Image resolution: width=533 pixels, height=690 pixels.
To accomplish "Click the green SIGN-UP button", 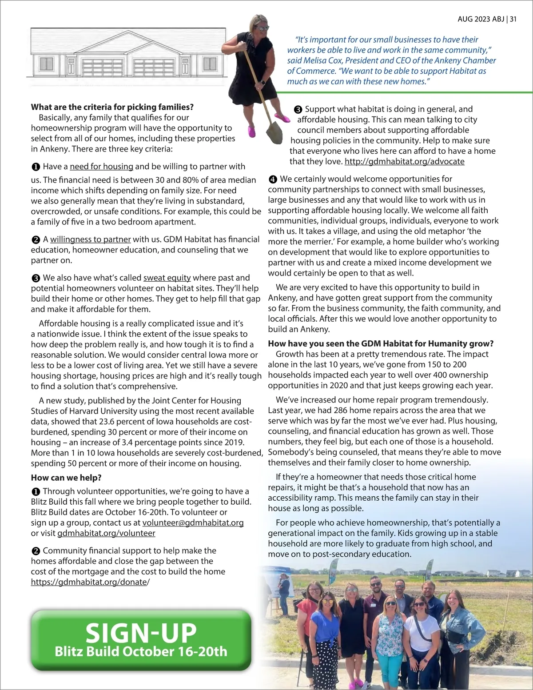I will click(x=141, y=640).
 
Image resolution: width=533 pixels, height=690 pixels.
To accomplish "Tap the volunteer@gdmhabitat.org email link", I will click(x=193, y=522).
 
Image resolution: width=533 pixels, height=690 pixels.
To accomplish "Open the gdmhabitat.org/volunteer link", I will click(x=106, y=533).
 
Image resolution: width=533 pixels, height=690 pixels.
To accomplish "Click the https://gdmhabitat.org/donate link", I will click(x=89, y=582).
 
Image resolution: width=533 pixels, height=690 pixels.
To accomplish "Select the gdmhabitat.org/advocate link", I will click(x=404, y=161).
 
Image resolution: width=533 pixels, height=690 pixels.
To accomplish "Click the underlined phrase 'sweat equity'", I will click(x=167, y=278).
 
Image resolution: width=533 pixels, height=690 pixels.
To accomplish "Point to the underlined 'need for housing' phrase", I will click(x=101, y=167).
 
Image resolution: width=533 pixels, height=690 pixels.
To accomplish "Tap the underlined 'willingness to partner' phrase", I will click(x=90, y=239).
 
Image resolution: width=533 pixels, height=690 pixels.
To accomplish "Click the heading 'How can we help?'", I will click(x=66, y=478).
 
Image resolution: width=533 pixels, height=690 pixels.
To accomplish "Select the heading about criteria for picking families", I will click(x=112, y=107).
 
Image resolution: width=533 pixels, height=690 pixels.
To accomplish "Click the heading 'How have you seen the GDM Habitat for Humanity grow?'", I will click(x=381, y=343).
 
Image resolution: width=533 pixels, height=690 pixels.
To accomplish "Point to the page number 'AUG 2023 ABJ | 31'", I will click(x=487, y=19).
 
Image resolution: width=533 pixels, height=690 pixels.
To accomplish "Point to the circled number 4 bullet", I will click(x=273, y=179).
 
